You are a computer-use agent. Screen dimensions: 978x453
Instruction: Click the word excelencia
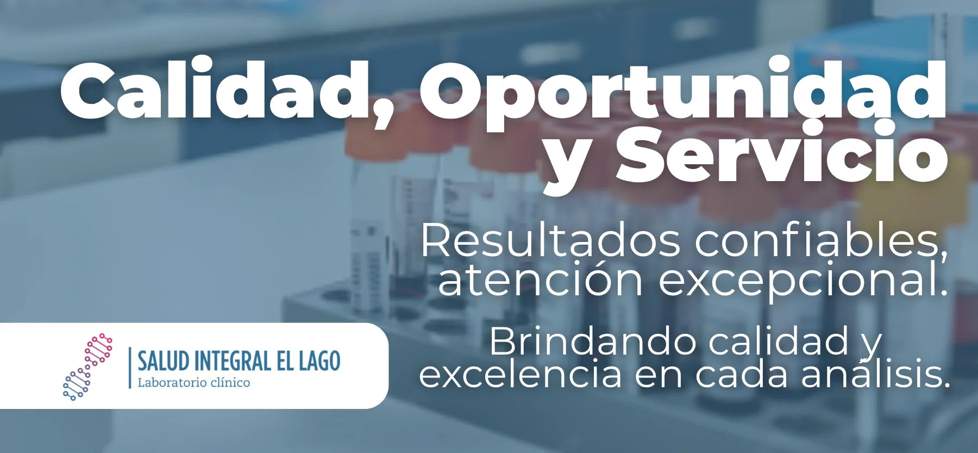[520, 375]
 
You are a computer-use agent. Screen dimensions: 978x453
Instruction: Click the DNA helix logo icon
[87, 367]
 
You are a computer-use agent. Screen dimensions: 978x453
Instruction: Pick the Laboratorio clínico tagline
[194, 382]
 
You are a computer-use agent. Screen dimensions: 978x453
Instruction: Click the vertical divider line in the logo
[130, 368]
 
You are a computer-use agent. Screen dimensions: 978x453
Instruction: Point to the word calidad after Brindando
[779, 342]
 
